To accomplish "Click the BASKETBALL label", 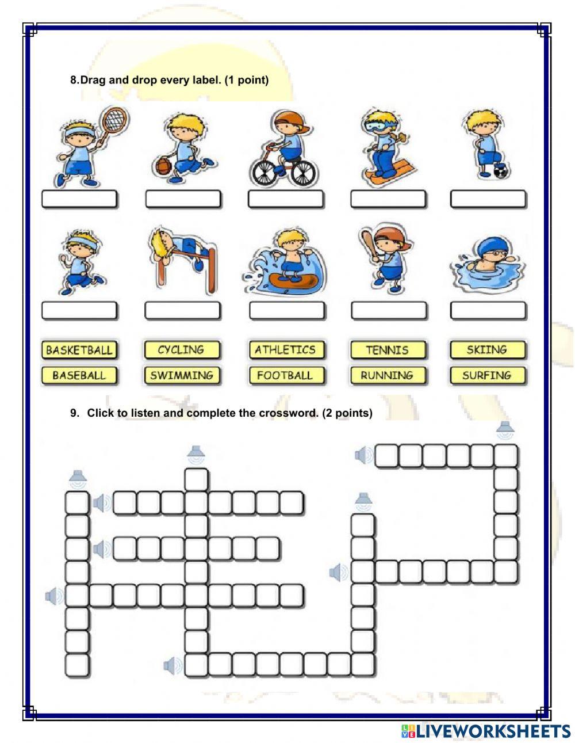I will [x=79, y=350].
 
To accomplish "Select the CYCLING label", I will [x=181, y=350].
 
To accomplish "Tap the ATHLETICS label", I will [x=285, y=350].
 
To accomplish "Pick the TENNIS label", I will [x=388, y=350].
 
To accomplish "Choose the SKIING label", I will [x=487, y=350].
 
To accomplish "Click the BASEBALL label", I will [x=79, y=376].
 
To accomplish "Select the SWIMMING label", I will [x=181, y=376].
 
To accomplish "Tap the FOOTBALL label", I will [x=285, y=376].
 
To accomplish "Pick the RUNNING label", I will [x=388, y=376].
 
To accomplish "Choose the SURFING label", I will [x=487, y=376].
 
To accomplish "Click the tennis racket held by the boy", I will [x=114, y=119].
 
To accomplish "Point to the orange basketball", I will [x=163, y=166].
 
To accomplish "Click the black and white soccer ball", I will [x=501, y=171].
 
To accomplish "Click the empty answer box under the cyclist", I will [x=285, y=199].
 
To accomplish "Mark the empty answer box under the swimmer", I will [x=488, y=311].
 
